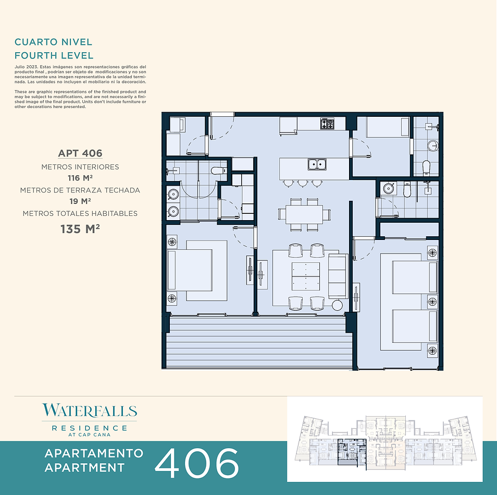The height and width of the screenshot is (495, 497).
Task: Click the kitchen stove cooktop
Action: pyautogui.click(x=327, y=124)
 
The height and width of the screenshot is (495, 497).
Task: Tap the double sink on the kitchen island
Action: pyautogui.click(x=317, y=164)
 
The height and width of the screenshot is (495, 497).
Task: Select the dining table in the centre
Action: pyautogui.click(x=304, y=214)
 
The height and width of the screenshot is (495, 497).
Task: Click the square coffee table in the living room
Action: pyautogui.click(x=306, y=276)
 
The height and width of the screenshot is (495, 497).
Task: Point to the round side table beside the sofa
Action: pyautogui.click(x=338, y=305)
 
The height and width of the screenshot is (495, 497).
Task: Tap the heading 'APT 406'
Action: pyautogui.click(x=80, y=153)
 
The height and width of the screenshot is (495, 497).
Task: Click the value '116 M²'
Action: pyautogui.click(x=80, y=178)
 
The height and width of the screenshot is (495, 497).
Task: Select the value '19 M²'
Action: pyautogui.click(x=80, y=201)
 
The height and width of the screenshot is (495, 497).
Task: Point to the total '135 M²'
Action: pyautogui.click(x=80, y=229)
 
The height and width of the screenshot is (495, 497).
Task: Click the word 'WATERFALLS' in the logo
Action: pyautogui.click(x=90, y=411)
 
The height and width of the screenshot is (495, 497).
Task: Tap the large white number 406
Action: pyautogui.click(x=197, y=463)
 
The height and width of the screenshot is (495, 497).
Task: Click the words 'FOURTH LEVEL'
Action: pyautogui.click(x=54, y=55)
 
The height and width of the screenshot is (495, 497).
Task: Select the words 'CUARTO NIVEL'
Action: pyautogui.click(x=53, y=42)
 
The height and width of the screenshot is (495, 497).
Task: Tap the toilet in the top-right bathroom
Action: pyautogui.click(x=426, y=167)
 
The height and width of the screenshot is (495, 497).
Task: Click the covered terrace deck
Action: pyautogui.click(x=259, y=342)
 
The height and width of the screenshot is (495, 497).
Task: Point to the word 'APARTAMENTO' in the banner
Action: pyautogui.click(x=94, y=453)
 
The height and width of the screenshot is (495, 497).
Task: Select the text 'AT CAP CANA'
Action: pyautogui.click(x=90, y=434)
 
